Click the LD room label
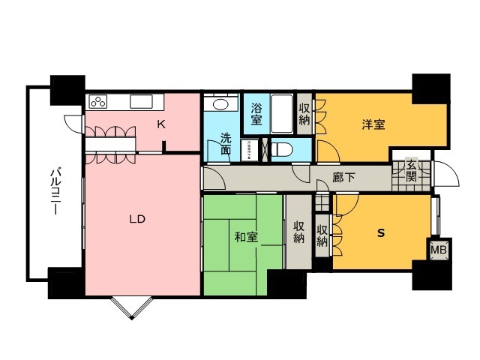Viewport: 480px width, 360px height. [136, 219]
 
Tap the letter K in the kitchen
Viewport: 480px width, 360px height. [160, 125]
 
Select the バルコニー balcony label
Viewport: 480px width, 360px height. [55, 192]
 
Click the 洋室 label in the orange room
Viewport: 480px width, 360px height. [373, 125]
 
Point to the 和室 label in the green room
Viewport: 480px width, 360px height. [246, 237]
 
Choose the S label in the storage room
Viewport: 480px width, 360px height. [380, 233]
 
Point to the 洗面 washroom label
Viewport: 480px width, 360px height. [225, 143]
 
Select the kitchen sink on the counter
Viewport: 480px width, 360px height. [140, 100]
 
